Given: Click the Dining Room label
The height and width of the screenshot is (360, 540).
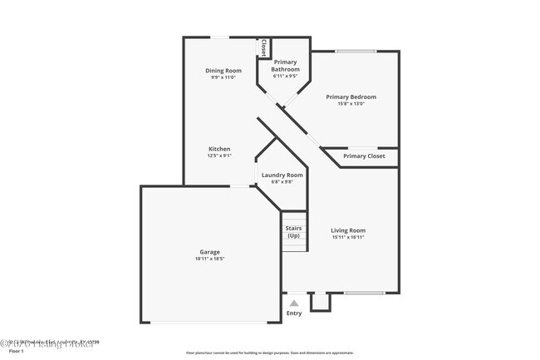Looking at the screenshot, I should coord(223,71).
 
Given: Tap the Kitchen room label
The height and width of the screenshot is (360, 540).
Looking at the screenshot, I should coord(219,149).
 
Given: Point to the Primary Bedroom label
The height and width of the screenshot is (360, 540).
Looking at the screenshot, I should coord(356,96).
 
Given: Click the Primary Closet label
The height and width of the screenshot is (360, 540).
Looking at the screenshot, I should coord(364,156).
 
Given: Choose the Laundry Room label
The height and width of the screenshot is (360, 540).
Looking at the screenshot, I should coord(282,175).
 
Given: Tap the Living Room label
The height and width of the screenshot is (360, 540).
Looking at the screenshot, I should coord(348,230).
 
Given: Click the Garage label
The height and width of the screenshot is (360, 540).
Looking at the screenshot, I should coord(209,252).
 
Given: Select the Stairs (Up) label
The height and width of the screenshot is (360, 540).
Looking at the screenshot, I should coord(293,231).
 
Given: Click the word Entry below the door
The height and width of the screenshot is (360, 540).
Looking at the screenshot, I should coord(294,313).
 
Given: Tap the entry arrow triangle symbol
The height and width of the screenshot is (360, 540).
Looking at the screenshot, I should coord(294,303).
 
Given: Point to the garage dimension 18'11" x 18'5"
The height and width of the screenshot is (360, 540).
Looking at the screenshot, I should coord(209,259).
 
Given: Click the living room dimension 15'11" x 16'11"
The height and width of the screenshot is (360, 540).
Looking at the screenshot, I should coord(348,237).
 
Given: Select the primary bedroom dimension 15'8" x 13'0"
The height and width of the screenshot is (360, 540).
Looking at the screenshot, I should coord(356,104).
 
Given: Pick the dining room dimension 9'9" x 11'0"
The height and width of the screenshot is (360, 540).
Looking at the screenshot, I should coord(223,77).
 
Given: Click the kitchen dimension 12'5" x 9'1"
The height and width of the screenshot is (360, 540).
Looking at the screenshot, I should coord(219,155).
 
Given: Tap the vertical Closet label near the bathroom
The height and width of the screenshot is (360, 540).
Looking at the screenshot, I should coord(264,47).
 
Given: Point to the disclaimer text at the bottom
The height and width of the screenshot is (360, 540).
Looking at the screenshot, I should coord(269,353).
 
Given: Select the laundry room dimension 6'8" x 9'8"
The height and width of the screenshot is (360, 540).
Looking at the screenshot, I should coord(282,182).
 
